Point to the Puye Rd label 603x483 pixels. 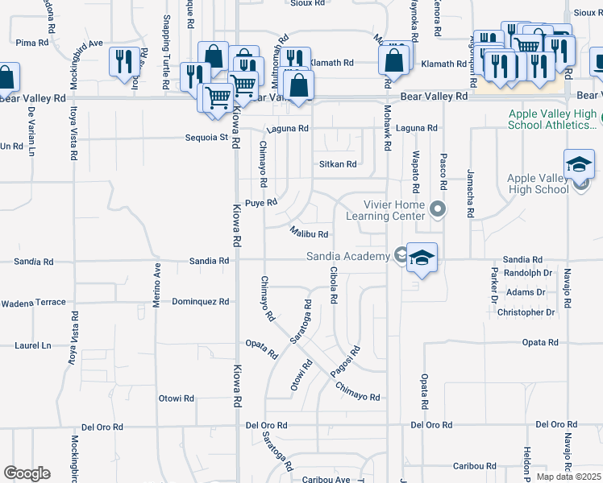261,203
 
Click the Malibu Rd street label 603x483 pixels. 309,234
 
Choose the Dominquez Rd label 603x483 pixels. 201,302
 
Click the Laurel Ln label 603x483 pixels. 32,345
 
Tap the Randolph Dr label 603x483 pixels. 528,272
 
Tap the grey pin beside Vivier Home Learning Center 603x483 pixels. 438,209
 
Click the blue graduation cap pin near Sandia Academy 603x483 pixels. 422,258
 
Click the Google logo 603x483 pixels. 27,473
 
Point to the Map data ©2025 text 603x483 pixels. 569,477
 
